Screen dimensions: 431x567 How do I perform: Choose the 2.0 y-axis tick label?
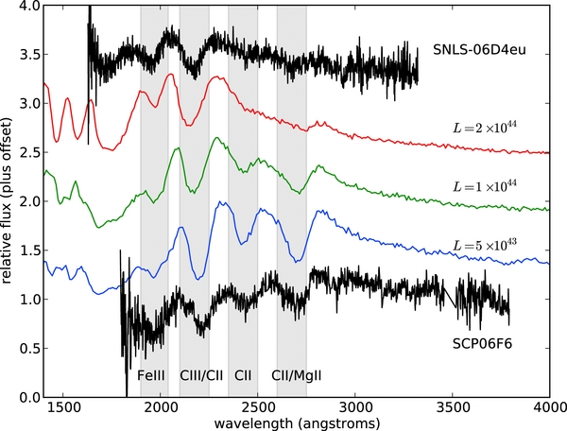(x=27, y=201)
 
